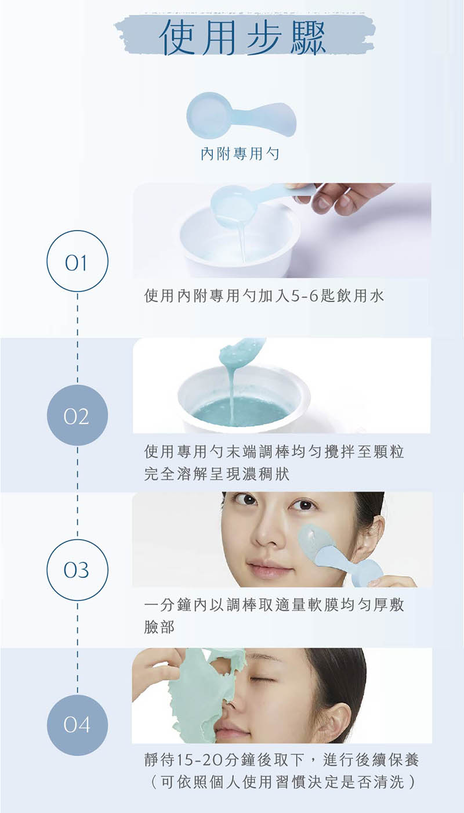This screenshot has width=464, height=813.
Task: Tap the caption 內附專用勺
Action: pos(240,154)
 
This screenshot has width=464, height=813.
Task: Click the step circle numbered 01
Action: pos(77,261)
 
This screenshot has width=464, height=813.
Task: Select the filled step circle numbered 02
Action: pos(77,415)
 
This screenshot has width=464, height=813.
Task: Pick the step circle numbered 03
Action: pos(77,570)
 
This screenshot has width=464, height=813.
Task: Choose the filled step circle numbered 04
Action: pos(77,725)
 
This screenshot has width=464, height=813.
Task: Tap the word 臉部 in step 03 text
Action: pos(159,627)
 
